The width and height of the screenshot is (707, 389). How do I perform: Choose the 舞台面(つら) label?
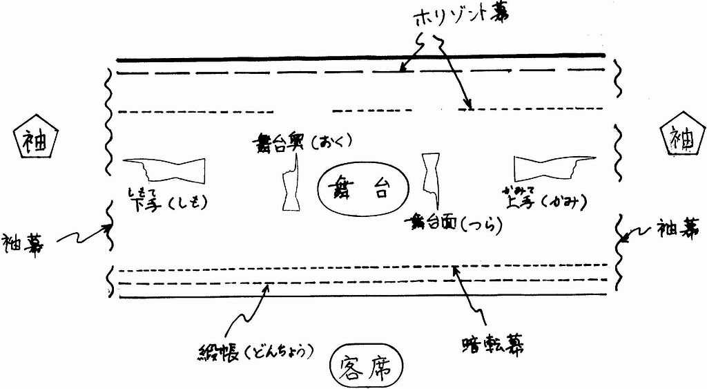coord(454,222)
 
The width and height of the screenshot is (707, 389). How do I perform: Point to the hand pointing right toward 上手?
coord(546,168)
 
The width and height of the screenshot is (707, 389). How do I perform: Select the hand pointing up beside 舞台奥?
coord(289,182)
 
